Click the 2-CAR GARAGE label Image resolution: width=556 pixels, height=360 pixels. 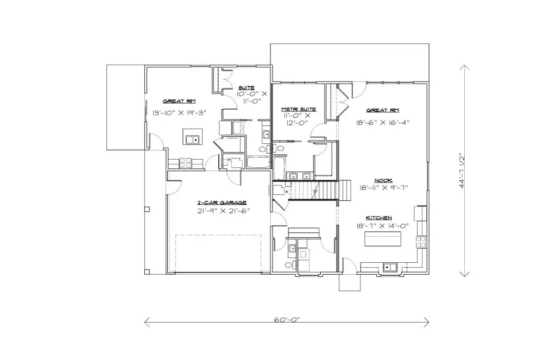(x=222, y=203)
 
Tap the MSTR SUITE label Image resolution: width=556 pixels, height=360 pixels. (x=299, y=109)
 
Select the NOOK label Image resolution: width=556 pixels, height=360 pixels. (x=383, y=180)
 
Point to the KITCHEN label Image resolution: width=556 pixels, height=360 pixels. (x=378, y=218)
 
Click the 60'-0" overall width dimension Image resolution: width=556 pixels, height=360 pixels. (x=287, y=319)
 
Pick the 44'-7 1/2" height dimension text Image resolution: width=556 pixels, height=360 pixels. (x=462, y=170)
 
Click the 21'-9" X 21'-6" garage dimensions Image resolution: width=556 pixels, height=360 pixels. (x=224, y=211)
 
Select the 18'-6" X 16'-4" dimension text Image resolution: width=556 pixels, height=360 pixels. (x=383, y=122)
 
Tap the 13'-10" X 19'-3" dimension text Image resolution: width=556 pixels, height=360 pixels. (x=179, y=113)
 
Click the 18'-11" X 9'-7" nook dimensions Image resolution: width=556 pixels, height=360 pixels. (x=384, y=188)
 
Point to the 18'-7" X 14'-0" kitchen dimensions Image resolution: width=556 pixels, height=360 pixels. (x=383, y=225)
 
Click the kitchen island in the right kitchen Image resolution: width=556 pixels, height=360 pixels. (x=383, y=239)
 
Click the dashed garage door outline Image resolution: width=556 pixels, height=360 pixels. (x=218, y=253)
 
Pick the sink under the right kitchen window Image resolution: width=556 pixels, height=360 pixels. (x=390, y=267)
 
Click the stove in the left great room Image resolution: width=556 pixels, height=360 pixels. (x=186, y=163)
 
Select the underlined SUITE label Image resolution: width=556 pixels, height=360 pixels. (x=247, y=87)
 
